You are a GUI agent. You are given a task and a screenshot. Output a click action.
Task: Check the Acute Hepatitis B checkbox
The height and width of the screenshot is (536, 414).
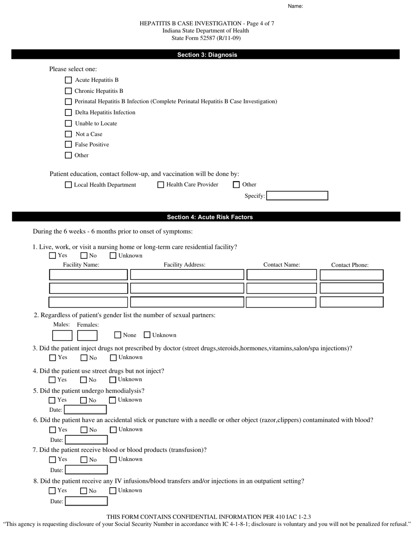click(68, 80)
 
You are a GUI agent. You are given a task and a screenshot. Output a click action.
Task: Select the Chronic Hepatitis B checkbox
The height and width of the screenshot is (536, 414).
click(68, 91)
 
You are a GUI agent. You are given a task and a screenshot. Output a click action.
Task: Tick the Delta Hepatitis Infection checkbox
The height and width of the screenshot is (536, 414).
click(68, 112)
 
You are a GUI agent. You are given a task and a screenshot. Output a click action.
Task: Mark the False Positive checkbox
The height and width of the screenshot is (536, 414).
click(68, 145)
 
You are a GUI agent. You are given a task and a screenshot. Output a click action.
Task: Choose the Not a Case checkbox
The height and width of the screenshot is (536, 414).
click(68, 134)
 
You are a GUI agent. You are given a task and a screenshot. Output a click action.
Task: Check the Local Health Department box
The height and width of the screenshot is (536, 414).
click(68, 185)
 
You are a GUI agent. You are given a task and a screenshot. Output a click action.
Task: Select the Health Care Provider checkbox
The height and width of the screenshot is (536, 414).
click(161, 185)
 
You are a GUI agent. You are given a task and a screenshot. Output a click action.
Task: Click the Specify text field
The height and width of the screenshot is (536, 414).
click(297, 196)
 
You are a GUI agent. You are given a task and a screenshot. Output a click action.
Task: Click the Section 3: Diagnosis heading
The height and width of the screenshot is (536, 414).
click(207, 55)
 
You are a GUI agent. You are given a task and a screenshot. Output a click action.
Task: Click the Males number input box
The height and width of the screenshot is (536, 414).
click(62, 336)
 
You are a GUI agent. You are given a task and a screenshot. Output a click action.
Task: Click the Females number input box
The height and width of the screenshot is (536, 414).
click(87, 336)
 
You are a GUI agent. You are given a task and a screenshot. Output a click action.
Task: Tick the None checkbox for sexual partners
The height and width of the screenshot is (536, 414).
click(118, 335)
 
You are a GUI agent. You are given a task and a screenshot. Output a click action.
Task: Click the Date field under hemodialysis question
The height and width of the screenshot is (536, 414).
click(85, 410)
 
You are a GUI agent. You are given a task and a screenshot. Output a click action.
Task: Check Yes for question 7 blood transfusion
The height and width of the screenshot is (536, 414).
click(53, 460)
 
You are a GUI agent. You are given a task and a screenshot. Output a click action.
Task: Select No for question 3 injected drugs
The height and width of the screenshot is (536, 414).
click(84, 358)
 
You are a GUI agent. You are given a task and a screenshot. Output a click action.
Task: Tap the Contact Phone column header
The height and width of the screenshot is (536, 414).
click(350, 265)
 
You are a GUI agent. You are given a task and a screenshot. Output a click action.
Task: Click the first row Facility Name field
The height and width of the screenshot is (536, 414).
click(88, 275)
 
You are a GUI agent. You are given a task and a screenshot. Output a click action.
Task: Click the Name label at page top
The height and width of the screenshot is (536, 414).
click(295, 6)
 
